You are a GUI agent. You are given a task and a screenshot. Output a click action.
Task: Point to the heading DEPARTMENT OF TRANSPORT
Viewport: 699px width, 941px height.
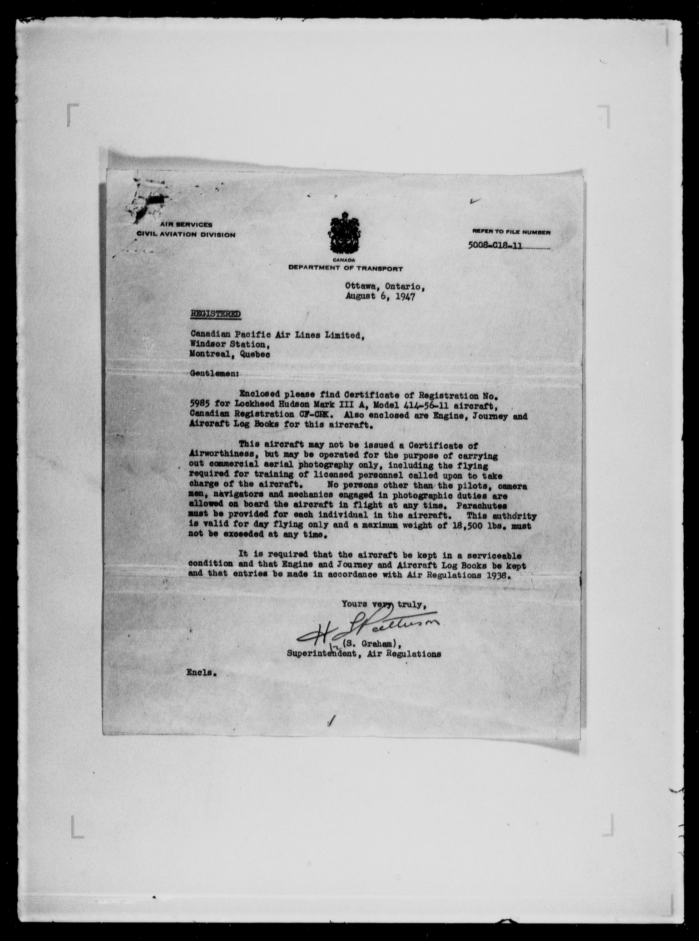click(x=345, y=268)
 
